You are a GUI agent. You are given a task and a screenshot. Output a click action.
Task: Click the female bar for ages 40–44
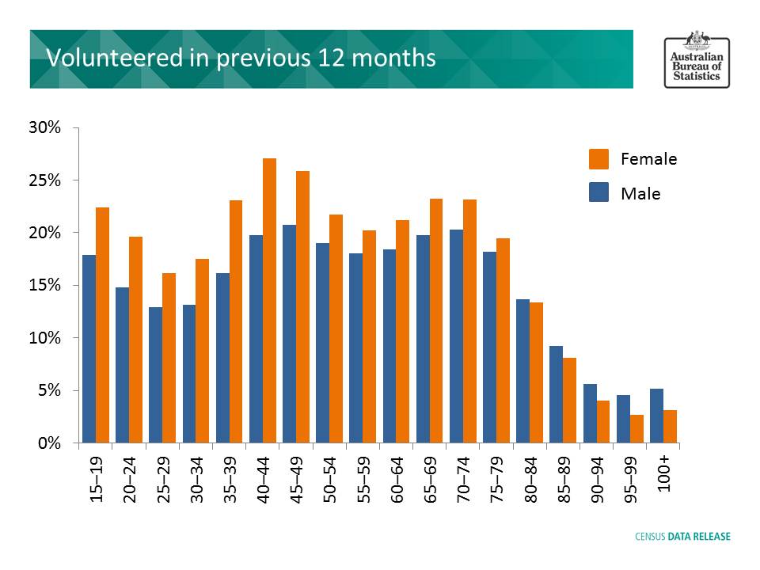pos(269,301)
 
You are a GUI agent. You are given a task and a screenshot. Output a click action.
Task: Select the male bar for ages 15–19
pos(89,348)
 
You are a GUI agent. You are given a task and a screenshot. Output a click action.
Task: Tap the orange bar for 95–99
pos(636,428)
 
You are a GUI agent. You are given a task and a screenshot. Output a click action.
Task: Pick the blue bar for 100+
pos(656,416)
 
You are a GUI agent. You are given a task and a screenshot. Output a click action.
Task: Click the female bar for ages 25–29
pos(169,358)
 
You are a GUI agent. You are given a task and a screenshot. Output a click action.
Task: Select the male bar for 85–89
pos(557,394)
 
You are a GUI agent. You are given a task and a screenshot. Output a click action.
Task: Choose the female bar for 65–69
pos(436,321)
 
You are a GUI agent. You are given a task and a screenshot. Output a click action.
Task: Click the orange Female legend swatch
pos(599,159)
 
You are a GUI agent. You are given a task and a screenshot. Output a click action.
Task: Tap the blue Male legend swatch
pos(599,193)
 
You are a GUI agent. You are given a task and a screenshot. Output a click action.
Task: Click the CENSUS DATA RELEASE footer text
pos(683,536)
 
